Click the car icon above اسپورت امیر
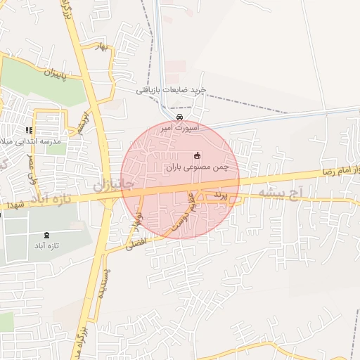coord(181,117)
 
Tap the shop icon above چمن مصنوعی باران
coord(197,156)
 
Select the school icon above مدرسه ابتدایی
coord(29,130)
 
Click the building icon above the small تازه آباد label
coord(47,235)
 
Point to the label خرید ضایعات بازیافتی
coord(171,91)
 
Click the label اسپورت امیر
coord(180,129)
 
